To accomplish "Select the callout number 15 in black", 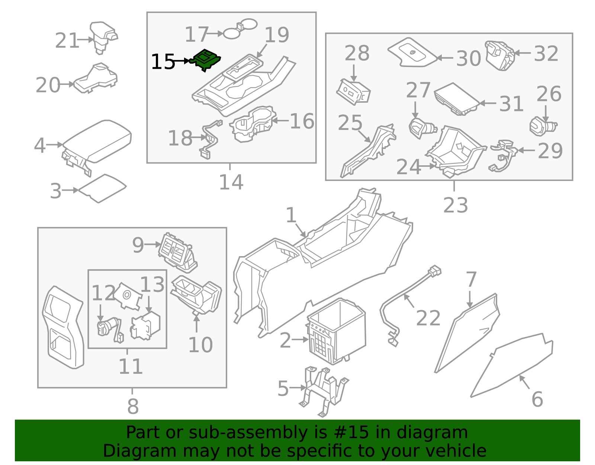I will [163, 62].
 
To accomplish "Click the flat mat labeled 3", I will [103, 188].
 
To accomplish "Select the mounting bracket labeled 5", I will [324, 391].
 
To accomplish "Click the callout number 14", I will [231, 182].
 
